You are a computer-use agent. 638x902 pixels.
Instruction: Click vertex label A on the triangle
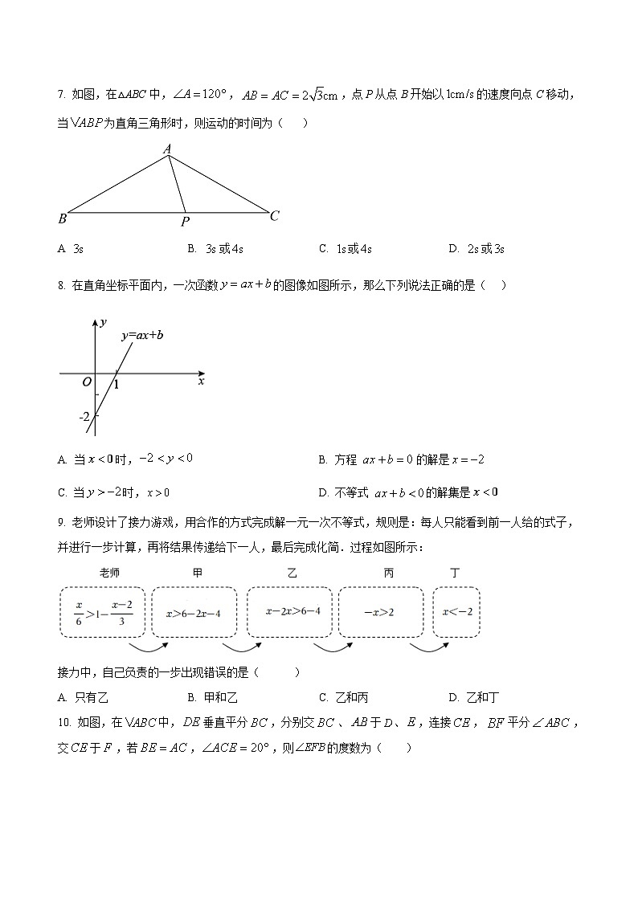(167, 149)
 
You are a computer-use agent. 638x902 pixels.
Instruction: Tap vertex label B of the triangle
(62, 218)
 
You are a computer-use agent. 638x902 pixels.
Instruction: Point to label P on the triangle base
(185, 222)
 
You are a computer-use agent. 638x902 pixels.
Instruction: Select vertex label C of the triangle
(274, 215)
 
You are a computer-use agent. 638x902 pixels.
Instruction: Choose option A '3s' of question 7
(72, 249)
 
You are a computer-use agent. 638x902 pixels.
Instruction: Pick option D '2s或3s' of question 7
(477, 249)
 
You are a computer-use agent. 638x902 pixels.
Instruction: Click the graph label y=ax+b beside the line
(142, 336)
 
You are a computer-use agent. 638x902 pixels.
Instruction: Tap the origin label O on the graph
(87, 382)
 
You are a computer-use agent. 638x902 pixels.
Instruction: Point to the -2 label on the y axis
(84, 417)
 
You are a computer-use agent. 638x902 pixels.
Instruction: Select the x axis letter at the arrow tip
(201, 382)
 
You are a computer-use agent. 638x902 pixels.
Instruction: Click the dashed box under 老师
(103, 613)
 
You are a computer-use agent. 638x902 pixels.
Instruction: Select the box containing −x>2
(380, 613)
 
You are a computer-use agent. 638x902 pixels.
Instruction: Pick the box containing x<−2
(457, 613)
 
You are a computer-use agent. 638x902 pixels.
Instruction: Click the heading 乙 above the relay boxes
(292, 573)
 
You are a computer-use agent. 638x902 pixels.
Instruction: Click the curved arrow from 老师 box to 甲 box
(149, 646)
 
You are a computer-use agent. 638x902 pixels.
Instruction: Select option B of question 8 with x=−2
(402, 460)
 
